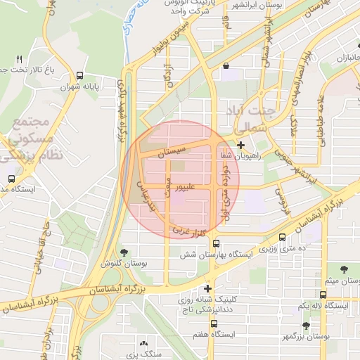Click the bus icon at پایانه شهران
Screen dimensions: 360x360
79,75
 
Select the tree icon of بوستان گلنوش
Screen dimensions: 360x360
124,252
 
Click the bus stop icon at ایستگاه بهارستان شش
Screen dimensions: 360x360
216,243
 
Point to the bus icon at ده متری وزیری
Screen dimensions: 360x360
282,238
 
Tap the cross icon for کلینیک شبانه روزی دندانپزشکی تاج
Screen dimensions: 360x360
207,288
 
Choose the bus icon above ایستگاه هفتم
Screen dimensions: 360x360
214,324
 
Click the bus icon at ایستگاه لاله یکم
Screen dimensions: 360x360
323,295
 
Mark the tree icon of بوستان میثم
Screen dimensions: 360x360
345,269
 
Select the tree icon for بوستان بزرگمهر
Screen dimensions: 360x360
306,325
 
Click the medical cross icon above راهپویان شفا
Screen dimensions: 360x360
240,145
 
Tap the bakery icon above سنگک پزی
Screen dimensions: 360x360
143,344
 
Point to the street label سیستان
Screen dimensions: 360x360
172,150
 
